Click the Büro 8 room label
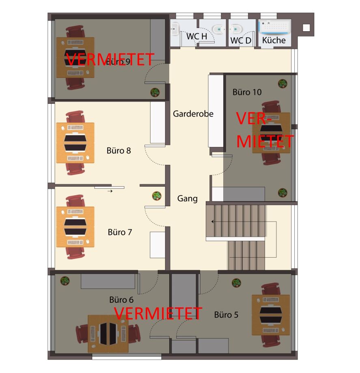(119, 151)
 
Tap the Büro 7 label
(120, 232)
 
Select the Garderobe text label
(193, 114)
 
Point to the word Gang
(188, 198)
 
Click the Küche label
(274, 40)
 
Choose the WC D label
(241, 41)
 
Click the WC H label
(196, 37)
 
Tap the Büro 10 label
(247, 92)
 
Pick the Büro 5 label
(226, 315)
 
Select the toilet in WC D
(236, 29)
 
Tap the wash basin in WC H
(175, 29)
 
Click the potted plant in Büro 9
(155, 92)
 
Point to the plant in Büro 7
(157, 196)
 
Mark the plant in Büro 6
(65, 281)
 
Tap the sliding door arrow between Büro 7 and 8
(110, 191)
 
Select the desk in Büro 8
(75, 143)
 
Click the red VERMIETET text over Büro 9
(110, 60)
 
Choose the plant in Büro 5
(236, 283)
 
